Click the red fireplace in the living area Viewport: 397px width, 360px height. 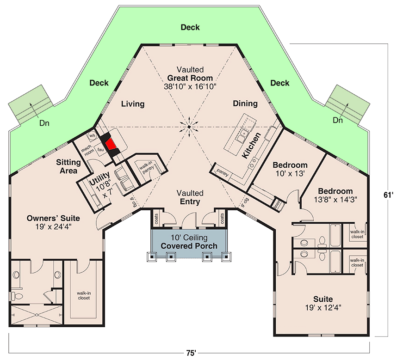click(x=111, y=145)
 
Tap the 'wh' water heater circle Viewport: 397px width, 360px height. click(x=92, y=135)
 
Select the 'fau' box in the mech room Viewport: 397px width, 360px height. click(x=100, y=150)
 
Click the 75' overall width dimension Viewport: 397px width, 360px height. click(x=191, y=353)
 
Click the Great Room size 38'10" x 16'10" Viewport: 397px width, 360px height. click(x=190, y=87)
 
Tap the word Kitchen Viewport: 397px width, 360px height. click(x=251, y=146)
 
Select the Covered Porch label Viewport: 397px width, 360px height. click(x=189, y=246)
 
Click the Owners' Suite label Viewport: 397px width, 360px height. click(x=53, y=218)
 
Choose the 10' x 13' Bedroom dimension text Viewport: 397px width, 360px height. click(x=290, y=174)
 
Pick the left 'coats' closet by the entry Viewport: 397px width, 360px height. click(x=156, y=219)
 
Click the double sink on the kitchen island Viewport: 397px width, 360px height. click(x=241, y=135)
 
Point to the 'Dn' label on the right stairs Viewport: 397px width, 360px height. click(x=337, y=120)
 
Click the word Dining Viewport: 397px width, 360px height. click(x=245, y=104)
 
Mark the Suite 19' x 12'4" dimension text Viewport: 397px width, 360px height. click(x=323, y=308)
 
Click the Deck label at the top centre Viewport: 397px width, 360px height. click(x=190, y=27)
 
